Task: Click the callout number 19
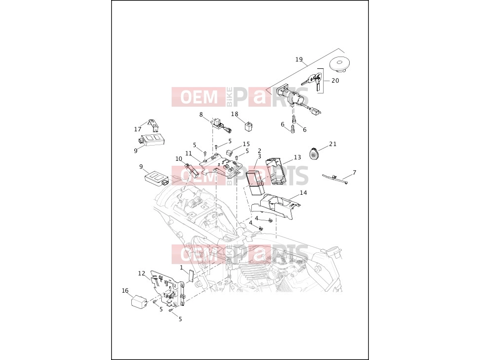tap(299, 60)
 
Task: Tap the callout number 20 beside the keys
tap(335, 81)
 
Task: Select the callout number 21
tap(333, 144)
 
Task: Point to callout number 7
tap(355, 173)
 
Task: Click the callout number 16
tap(125, 291)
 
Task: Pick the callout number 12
tap(142, 273)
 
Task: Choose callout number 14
tap(303, 193)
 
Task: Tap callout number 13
tap(297, 157)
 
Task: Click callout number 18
tap(235, 114)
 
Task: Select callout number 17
tap(137, 129)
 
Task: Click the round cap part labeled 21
tap(314, 153)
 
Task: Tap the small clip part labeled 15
tap(229, 152)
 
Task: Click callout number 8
tap(201, 115)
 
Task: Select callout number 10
tap(179, 159)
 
